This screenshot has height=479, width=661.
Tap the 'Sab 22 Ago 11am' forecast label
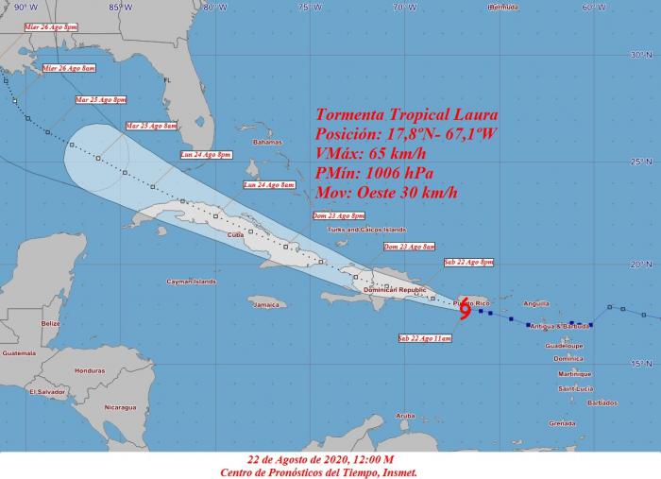pos(425,337)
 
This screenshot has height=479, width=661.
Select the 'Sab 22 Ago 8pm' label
pos(467,261)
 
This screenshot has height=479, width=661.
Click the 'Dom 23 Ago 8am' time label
pos(409,247)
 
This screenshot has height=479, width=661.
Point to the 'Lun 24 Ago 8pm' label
pos(207,154)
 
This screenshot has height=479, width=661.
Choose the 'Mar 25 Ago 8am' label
pos(151,126)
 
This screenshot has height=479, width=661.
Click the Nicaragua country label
pos(121,407)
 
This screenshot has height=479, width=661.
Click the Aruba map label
pos(405,416)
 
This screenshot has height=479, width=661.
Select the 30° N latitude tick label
pos(642,55)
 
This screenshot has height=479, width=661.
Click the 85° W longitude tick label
pos(120,7)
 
